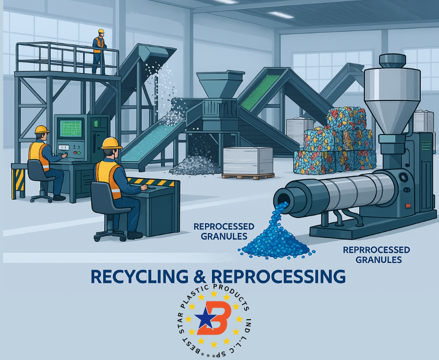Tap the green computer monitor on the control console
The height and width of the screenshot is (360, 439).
click(x=71, y=128)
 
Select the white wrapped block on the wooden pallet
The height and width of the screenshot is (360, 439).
click(x=247, y=161)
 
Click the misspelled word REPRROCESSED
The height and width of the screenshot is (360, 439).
click(x=376, y=250)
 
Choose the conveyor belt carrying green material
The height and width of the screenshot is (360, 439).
click(x=256, y=92)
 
